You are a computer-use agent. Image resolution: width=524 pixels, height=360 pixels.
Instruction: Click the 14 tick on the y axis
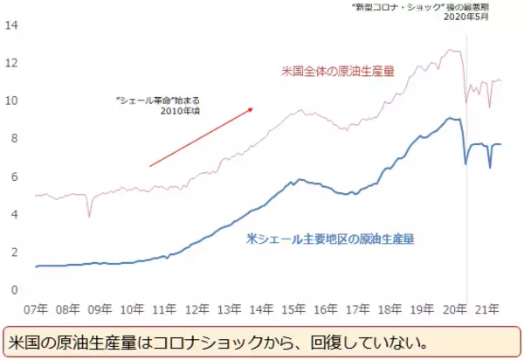(x=12, y=24)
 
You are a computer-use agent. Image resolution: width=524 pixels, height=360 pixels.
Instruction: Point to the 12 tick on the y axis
(x=12, y=63)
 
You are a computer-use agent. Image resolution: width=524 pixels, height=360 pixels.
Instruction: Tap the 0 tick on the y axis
(x=15, y=290)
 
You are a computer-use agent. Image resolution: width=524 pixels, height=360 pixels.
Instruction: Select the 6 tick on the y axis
(x=15, y=177)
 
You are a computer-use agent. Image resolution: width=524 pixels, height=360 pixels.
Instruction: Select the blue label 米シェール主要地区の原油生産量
(x=330, y=238)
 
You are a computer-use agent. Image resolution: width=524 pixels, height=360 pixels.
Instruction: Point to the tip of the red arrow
(x=253, y=108)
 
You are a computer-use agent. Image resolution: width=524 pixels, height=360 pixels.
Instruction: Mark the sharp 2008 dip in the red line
(x=89, y=216)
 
